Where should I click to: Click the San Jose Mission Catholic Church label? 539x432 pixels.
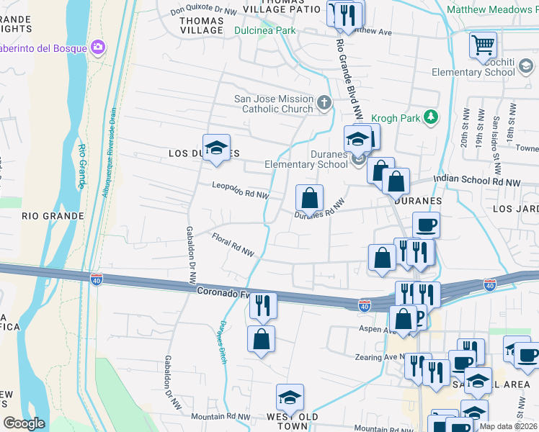[x=274, y=104]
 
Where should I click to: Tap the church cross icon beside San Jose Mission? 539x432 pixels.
[x=324, y=102]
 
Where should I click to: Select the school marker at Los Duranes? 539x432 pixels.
[x=215, y=149]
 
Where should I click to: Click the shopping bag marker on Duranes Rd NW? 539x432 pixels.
[x=309, y=198]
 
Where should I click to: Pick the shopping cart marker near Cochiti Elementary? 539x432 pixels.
[x=483, y=45]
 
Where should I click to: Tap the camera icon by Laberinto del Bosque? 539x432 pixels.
[x=97, y=48]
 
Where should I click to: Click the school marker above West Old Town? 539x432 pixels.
[x=290, y=398]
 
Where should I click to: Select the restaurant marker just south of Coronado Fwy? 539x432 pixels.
[x=263, y=305]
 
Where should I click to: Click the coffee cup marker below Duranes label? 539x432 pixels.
[x=426, y=225]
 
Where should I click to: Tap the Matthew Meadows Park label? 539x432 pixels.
[x=492, y=10]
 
